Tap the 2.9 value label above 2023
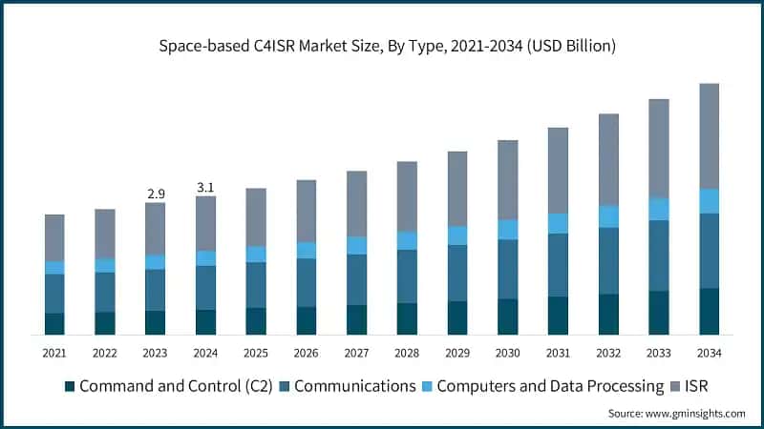point(156,194)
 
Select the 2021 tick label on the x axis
point(54,353)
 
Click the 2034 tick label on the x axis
point(710,353)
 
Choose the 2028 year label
point(407,353)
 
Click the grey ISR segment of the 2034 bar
point(710,135)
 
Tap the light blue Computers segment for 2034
point(710,201)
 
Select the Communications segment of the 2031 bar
point(559,264)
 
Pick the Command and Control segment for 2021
point(54,323)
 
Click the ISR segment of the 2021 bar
point(54,237)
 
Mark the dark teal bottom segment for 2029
point(457,317)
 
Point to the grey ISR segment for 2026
point(307,211)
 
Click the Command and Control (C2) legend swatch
point(69,387)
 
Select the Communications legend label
point(354,387)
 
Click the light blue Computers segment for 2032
point(608,216)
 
